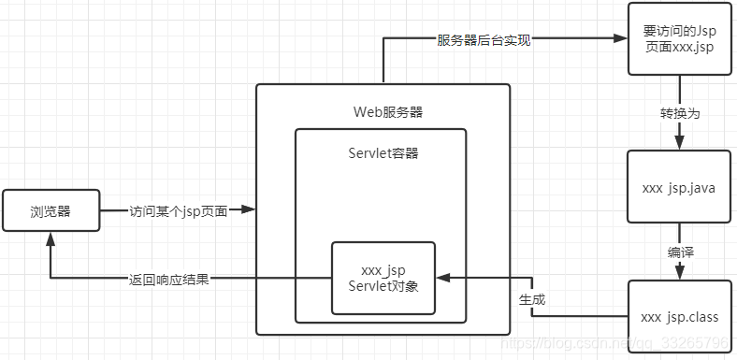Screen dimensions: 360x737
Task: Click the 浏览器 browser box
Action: (x=51, y=211)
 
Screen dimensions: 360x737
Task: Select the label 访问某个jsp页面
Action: (x=178, y=211)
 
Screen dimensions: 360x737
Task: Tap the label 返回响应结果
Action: (x=169, y=279)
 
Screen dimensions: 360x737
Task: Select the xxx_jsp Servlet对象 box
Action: (x=383, y=277)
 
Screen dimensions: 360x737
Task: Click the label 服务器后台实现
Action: (x=484, y=40)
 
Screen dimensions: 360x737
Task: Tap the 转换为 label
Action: (x=679, y=113)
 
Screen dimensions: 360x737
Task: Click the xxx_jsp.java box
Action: (x=679, y=187)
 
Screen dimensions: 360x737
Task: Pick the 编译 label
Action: (x=679, y=252)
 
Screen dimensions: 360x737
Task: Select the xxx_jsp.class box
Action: (x=679, y=317)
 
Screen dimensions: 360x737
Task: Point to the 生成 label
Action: (x=532, y=300)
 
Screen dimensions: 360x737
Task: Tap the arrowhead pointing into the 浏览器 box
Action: (x=51, y=240)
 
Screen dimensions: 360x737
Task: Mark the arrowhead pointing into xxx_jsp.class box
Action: (x=679, y=273)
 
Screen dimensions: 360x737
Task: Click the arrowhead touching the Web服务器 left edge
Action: (x=248, y=211)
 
